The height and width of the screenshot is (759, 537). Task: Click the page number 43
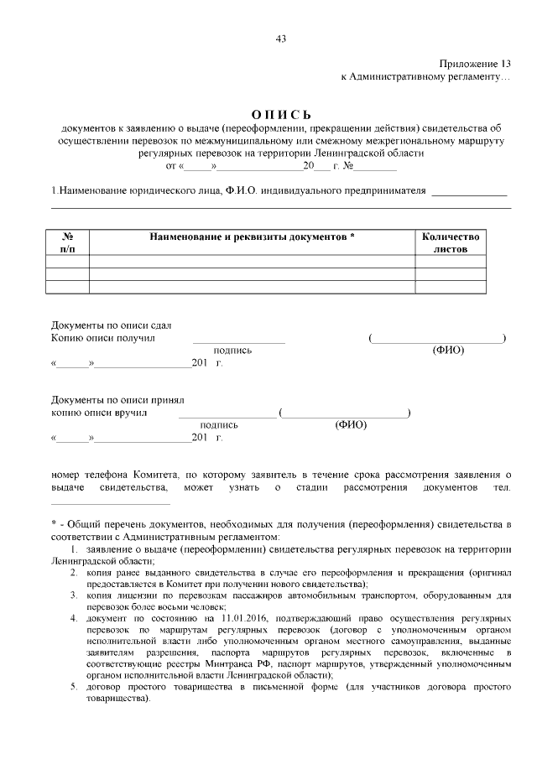pyautogui.click(x=281, y=39)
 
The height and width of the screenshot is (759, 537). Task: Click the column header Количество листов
pyautogui.click(x=451, y=243)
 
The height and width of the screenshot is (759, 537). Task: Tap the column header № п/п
pyautogui.click(x=67, y=243)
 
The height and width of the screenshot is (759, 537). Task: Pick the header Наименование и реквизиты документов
pyautogui.click(x=252, y=237)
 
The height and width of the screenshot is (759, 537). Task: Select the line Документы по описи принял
pyautogui.click(x=117, y=400)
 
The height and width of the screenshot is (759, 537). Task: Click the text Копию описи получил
pyautogui.click(x=103, y=338)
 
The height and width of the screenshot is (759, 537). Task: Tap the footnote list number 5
pyautogui.click(x=73, y=687)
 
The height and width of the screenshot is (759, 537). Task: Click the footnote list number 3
pyautogui.click(x=73, y=595)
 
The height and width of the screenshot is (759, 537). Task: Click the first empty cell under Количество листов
pyautogui.click(x=451, y=262)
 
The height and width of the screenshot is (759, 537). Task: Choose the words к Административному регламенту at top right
pyautogui.click(x=425, y=77)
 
